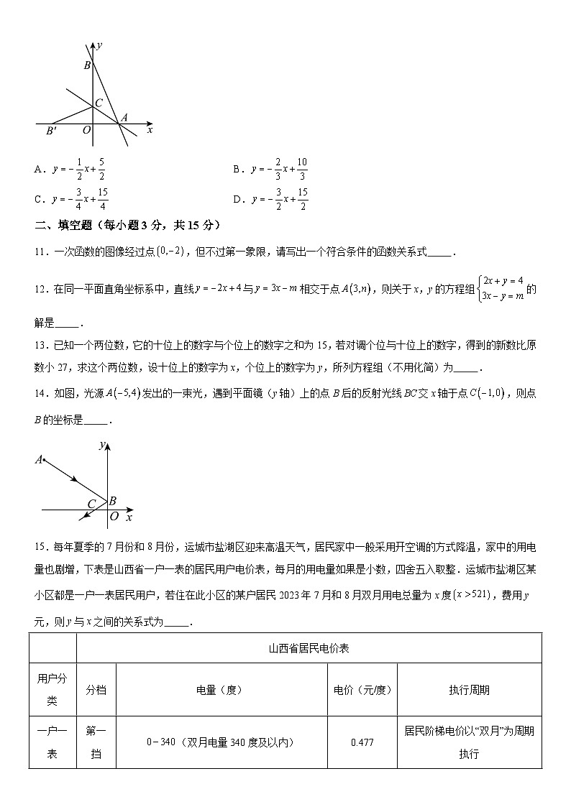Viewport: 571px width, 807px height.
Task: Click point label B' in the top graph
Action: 51,131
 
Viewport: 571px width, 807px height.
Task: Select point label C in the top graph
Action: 99,103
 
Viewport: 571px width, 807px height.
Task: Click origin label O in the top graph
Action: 86,130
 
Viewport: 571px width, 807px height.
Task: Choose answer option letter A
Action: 38,170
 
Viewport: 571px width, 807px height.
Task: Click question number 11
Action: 41,252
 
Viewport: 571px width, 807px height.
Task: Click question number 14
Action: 41,394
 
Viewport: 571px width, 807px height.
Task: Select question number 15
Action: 41,548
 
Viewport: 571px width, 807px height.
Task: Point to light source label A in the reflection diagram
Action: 39,459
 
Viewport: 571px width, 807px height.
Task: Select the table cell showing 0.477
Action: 362,742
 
